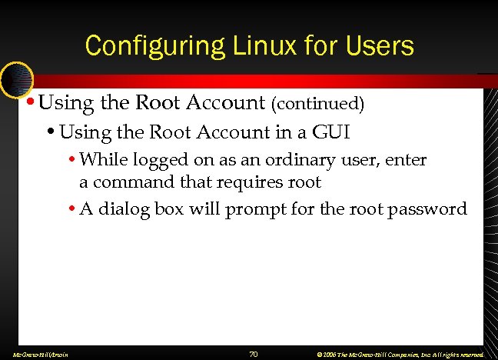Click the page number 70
254,354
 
